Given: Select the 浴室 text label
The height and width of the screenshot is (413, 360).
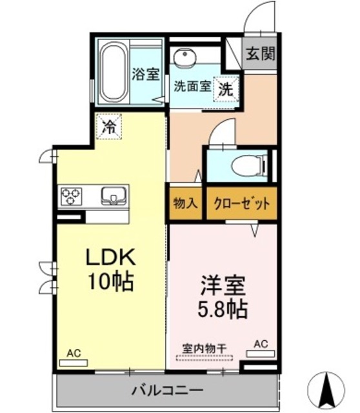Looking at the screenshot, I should pos(146,74).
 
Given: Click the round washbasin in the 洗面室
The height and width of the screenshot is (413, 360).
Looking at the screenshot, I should pos(183,57).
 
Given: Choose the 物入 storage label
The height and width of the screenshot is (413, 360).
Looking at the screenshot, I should pos(185,203).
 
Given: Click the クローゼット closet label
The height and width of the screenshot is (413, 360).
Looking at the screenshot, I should pos(241,203).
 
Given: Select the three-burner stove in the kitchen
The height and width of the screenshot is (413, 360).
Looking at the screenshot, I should pos(71,196).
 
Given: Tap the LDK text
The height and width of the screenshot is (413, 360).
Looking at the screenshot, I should pos(110,259).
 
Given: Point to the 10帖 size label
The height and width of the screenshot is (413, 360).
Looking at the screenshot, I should pos(110,283).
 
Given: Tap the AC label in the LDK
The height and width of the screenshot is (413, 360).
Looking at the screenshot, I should pos(73,353).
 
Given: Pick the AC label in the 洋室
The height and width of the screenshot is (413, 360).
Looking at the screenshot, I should pos(261,344).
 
